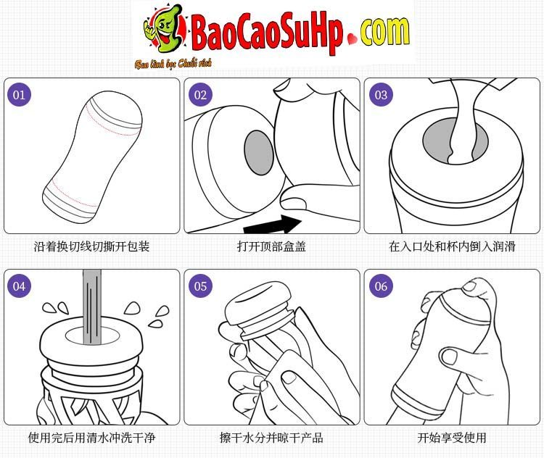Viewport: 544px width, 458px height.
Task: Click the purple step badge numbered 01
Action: [20, 95]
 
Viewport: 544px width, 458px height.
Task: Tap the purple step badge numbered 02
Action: [200, 95]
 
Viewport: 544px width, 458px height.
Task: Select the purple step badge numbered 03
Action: [381, 95]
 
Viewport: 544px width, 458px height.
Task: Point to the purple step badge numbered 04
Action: [20, 286]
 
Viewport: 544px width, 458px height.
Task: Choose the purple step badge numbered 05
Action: [200, 286]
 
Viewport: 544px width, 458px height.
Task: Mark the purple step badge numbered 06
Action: [381, 286]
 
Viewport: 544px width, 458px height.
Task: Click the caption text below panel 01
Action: [91, 246]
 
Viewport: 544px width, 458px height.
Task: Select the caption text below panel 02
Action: [271, 246]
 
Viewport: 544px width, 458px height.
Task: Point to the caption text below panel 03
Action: [452, 246]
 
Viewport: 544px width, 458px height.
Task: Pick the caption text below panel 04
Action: [91, 438]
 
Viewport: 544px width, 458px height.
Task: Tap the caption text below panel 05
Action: [271, 438]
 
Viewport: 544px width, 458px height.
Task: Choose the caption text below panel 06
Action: [452, 438]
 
